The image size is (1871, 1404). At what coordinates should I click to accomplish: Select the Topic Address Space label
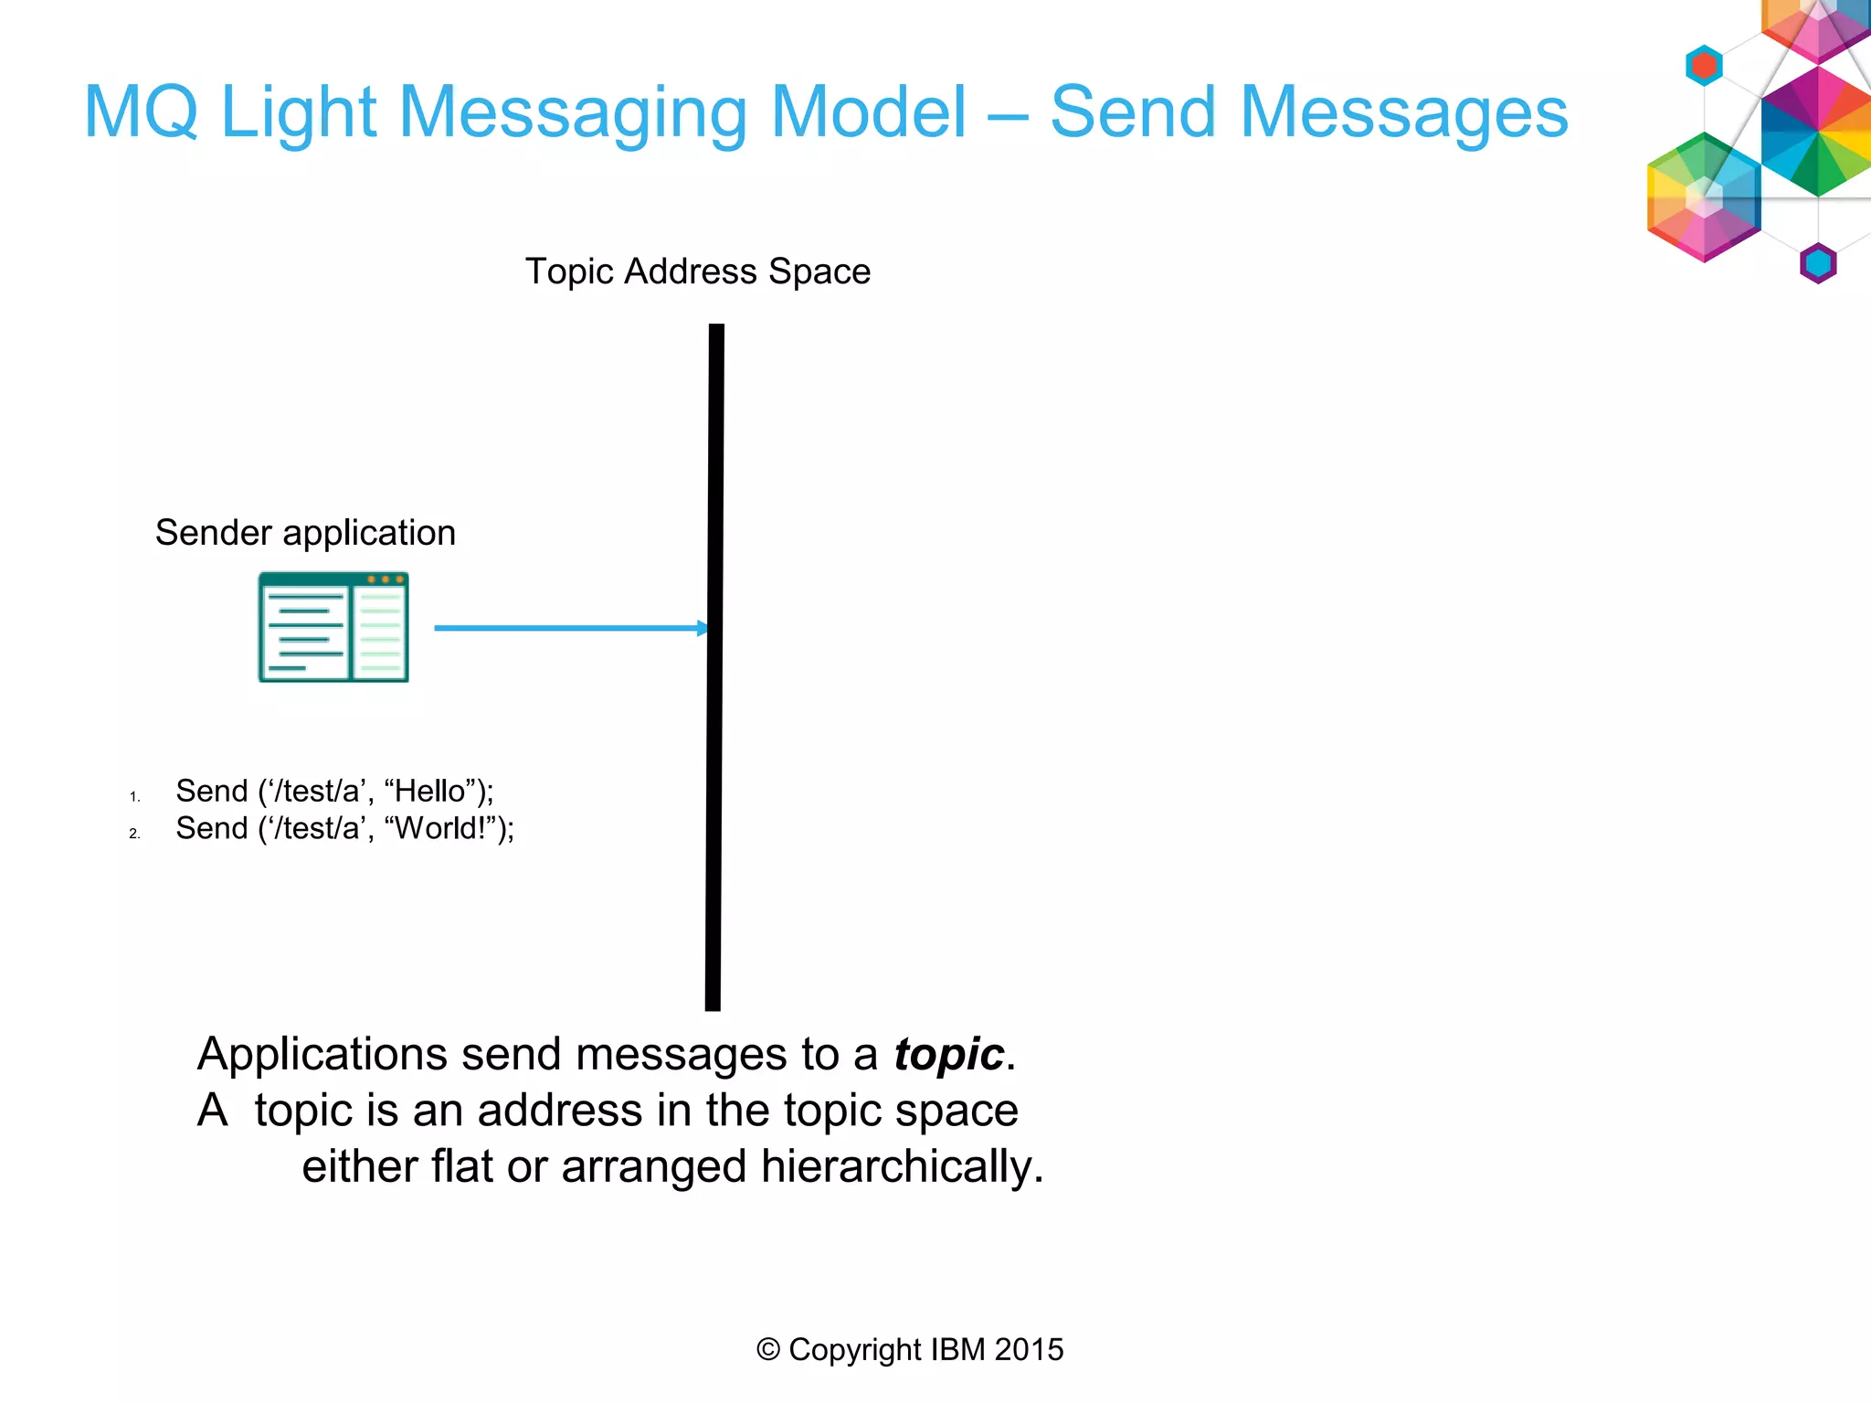coord(697,271)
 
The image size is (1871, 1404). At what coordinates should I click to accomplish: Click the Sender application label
coord(305,533)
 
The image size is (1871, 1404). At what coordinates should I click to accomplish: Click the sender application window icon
coord(333,627)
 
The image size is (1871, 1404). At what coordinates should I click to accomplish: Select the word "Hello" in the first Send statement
coord(428,791)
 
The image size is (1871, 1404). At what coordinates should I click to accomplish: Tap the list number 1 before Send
coord(134,797)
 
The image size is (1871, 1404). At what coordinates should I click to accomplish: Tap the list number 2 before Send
coord(134,834)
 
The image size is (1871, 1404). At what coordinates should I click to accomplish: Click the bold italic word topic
coord(948,1055)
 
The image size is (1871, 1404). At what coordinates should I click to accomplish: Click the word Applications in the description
coord(322,1055)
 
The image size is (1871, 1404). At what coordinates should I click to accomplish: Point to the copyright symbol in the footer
coord(768,1350)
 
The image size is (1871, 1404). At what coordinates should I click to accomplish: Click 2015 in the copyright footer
coord(1029,1350)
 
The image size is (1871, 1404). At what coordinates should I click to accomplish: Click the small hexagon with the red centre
coord(1704,66)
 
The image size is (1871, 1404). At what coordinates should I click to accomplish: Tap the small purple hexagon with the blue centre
coord(1818,263)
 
